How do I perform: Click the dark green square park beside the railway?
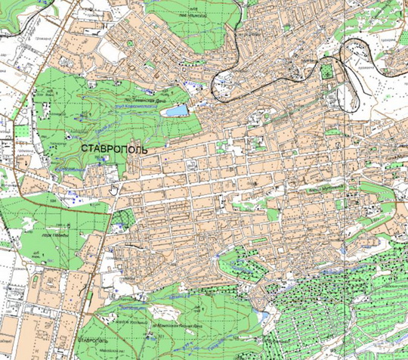pos(327,73)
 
